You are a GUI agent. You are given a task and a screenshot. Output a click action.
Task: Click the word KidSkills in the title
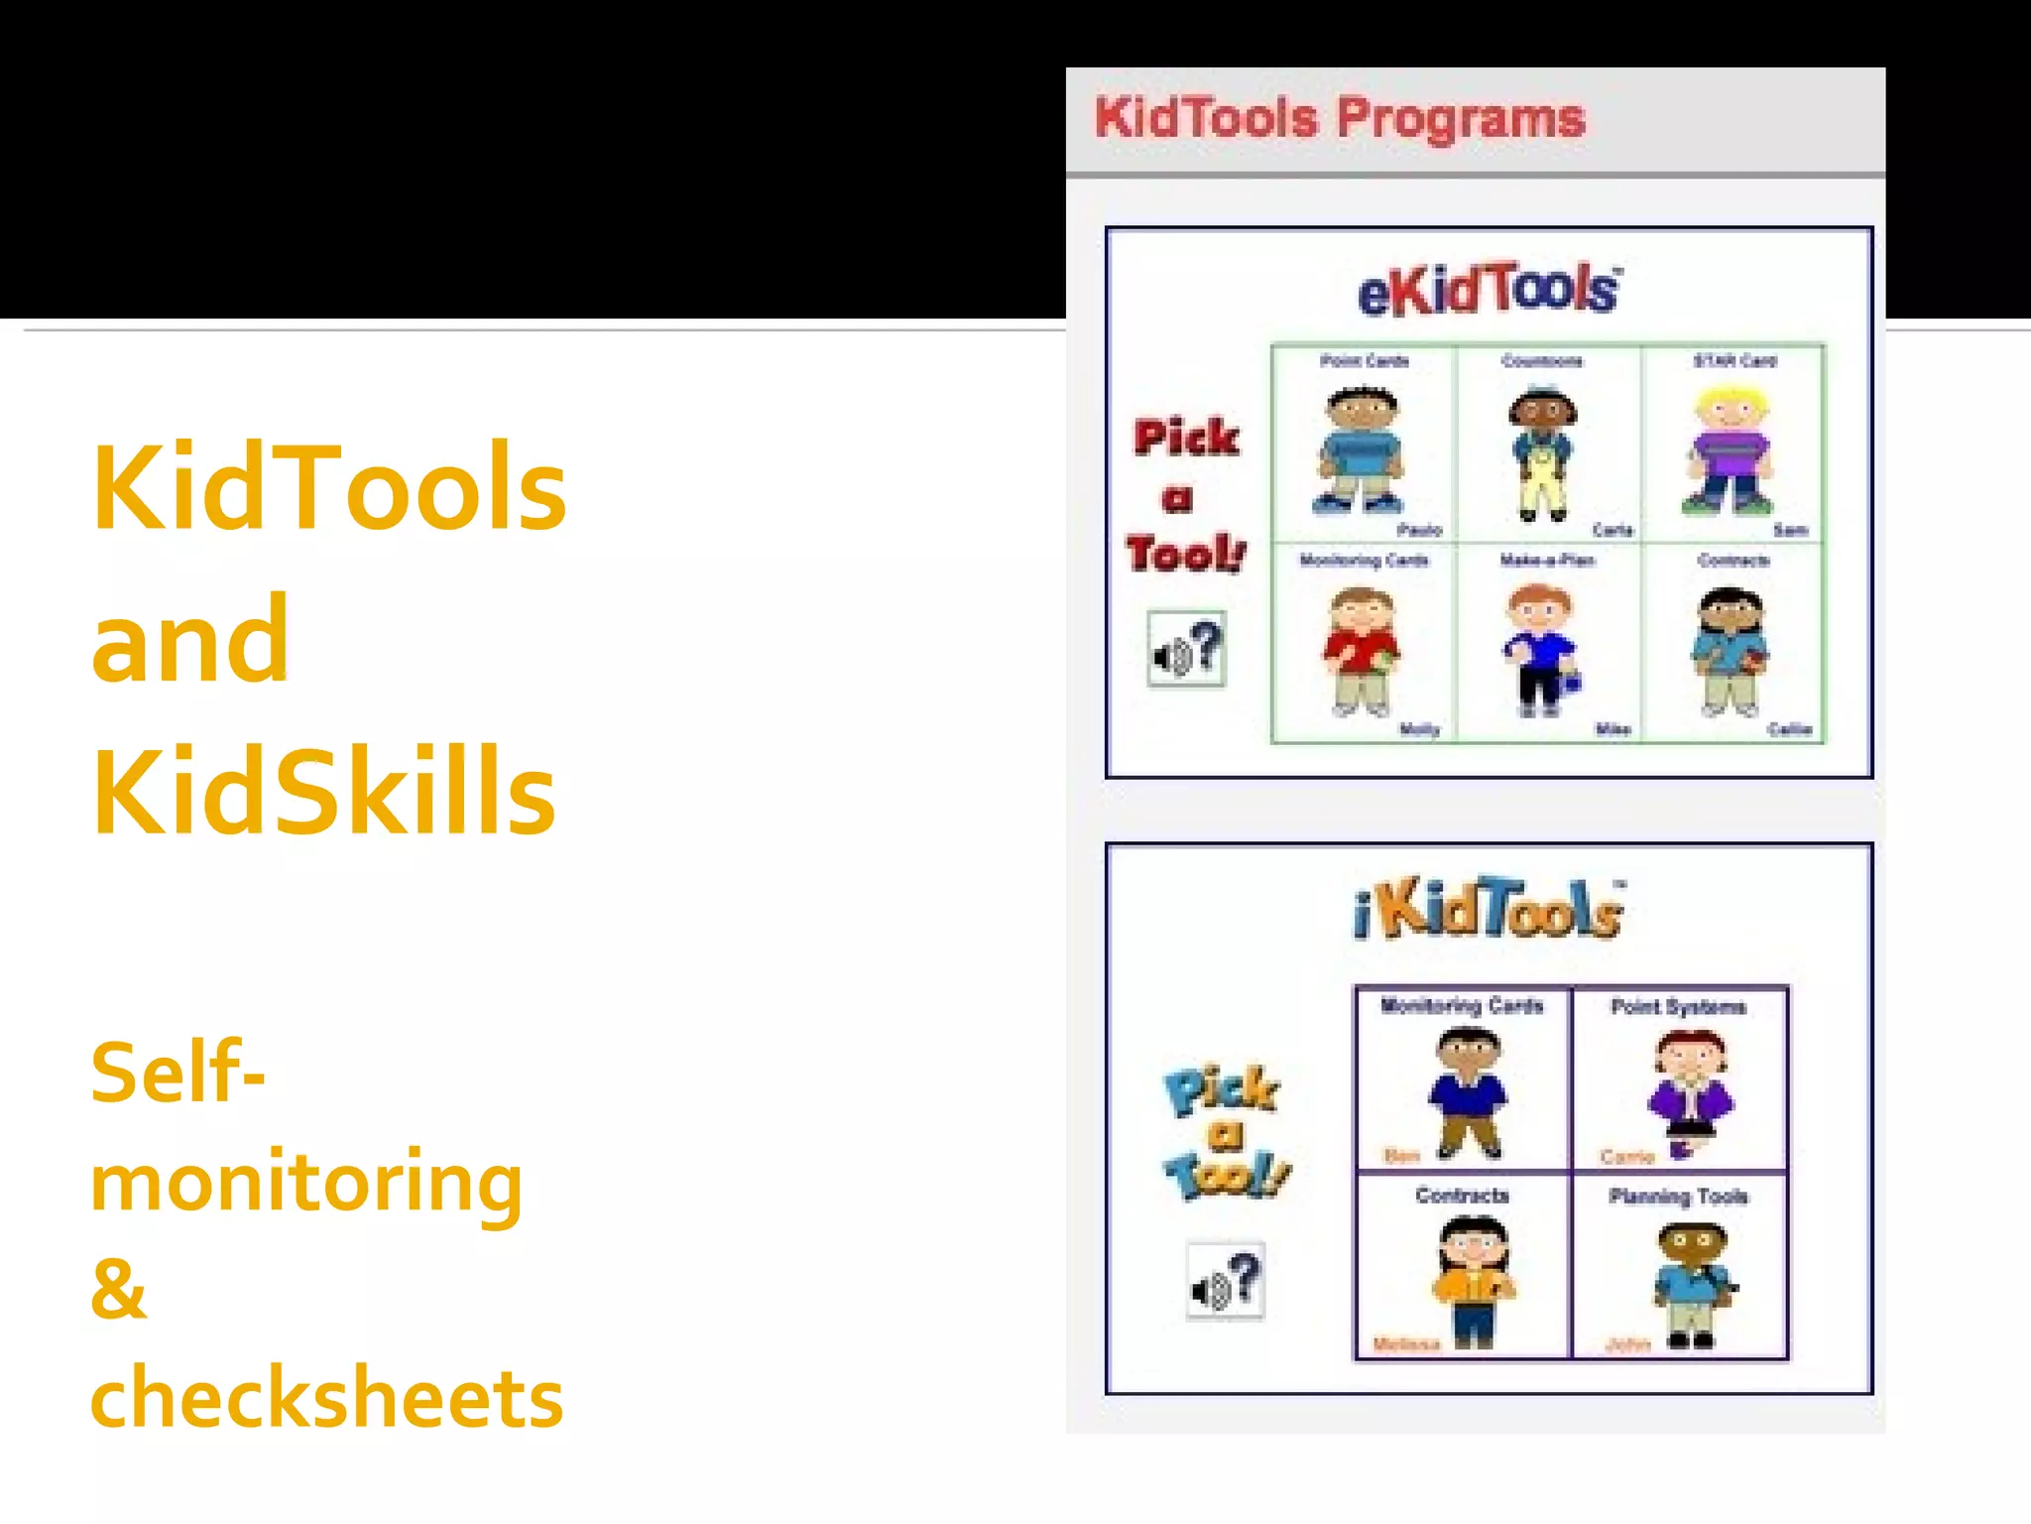[x=323, y=792]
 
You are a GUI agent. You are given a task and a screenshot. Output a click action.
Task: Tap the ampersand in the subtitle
[x=118, y=1289]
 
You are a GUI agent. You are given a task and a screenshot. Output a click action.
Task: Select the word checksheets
[x=326, y=1397]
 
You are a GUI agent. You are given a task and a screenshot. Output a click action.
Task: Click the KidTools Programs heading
[x=1340, y=118]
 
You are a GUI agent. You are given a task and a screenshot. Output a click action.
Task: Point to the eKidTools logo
[x=1489, y=290]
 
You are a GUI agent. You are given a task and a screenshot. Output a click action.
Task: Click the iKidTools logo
[x=1489, y=909]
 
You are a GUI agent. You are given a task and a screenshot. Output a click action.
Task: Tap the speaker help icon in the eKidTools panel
[x=1186, y=649]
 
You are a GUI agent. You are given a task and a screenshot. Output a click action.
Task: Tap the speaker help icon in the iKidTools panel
[x=1226, y=1281]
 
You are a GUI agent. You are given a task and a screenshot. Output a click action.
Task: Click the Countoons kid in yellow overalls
[x=1541, y=453]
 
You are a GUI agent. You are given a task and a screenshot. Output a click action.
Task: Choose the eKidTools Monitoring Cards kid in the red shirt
[x=1361, y=651]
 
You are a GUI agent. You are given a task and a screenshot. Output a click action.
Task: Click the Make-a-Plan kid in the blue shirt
[x=1539, y=651]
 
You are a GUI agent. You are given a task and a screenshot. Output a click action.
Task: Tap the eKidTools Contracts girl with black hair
[x=1731, y=651]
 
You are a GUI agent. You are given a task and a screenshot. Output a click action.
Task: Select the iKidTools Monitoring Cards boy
[x=1468, y=1092]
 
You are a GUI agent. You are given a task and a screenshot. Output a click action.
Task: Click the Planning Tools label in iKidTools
[x=1678, y=1197]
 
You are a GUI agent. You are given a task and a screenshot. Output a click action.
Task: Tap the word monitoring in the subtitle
[x=306, y=1182]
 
